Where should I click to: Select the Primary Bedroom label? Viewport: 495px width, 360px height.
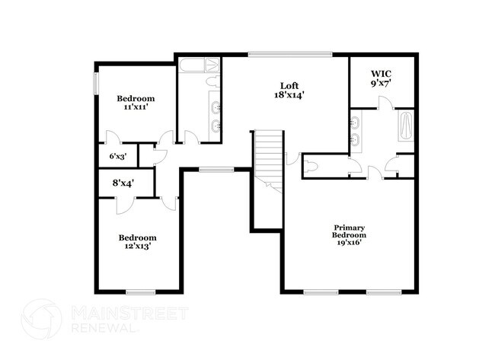(350, 231)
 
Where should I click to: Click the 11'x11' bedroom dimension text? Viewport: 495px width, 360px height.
(135, 107)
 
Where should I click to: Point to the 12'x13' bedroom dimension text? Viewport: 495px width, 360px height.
(137, 247)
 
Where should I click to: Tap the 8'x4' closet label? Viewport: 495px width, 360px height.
(122, 183)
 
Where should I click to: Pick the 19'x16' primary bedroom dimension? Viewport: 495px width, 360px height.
(349, 242)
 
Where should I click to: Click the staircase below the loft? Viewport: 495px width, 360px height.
(267, 156)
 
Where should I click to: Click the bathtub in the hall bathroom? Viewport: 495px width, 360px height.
(200, 65)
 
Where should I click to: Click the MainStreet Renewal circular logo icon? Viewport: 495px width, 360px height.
(42, 319)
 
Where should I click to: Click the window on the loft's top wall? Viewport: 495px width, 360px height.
(289, 53)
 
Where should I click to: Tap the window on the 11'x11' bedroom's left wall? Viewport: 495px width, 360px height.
(95, 84)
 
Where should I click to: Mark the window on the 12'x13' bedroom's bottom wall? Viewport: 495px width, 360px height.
(140, 292)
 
